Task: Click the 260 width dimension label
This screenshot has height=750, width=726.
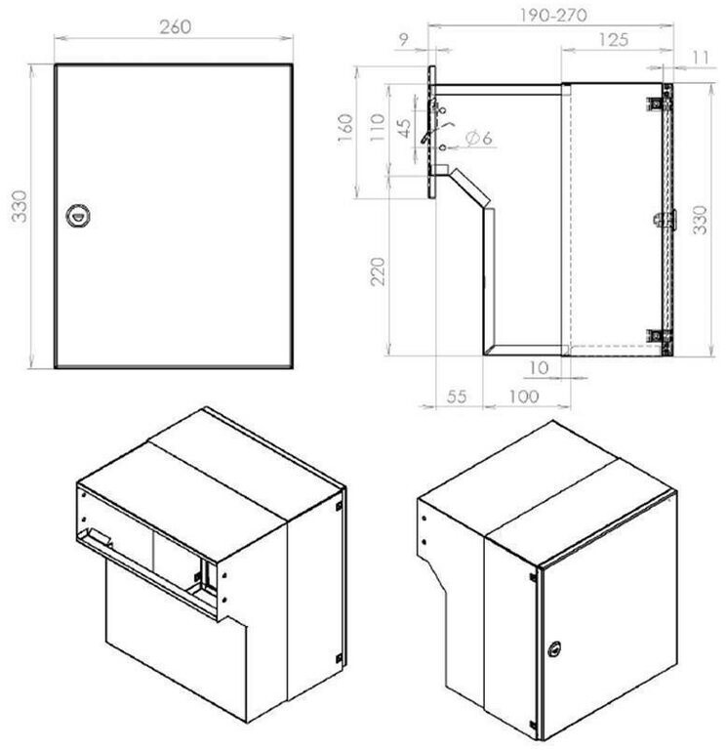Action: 176,26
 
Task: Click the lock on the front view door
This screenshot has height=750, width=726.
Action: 77,216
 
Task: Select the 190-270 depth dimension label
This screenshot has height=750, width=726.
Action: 553,16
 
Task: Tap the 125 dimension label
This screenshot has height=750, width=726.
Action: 613,40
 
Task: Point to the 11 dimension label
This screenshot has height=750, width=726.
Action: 701,59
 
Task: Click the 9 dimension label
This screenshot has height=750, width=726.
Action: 404,40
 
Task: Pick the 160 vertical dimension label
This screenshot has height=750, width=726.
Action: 345,127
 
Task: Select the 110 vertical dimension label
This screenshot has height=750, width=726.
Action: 378,127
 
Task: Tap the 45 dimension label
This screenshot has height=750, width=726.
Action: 404,128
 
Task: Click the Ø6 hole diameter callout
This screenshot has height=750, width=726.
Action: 478,139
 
